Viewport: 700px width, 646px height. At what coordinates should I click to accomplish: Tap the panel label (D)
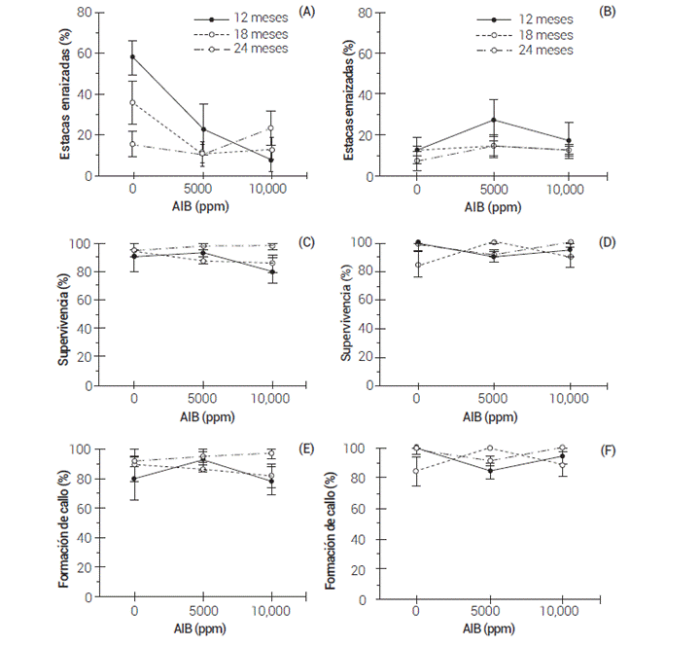coord(592,242)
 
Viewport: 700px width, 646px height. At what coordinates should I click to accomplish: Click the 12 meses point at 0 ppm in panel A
coord(132,56)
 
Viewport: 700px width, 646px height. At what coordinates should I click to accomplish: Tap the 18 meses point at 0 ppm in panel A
coord(132,102)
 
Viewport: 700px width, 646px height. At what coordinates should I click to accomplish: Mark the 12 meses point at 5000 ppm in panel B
coord(494,120)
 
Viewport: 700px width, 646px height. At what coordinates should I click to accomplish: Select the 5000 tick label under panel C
coord(201,399)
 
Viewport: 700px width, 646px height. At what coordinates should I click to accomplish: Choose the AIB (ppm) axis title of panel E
coord(203,628)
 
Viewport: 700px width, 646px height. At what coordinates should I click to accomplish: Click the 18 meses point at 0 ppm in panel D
coord(417,265)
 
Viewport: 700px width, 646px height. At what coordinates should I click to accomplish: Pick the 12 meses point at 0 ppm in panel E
coord(132,480)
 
